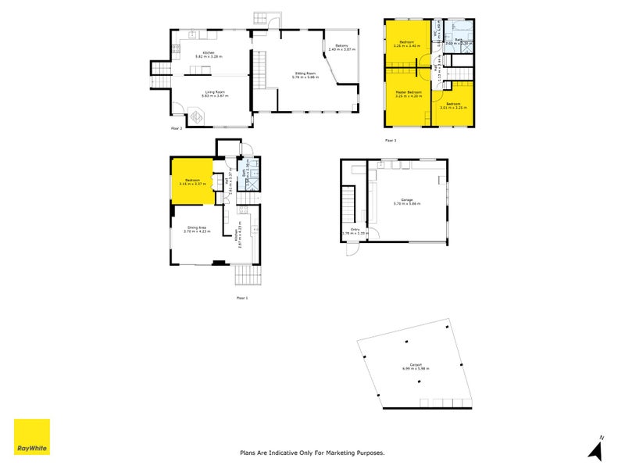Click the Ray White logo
(x=32, y=437)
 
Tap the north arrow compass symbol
(x=598, y=447)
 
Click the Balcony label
(x=341, y=47)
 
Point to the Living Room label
(x=215, y=93)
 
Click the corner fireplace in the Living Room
(x=198, y=117)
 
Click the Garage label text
(x=406, y=201)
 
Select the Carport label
(x=412, y=365)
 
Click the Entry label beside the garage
(x=355, y=231)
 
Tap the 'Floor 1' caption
(x=242, y=298)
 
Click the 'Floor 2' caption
(x=177, y=127)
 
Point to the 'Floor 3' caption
(x=391, y=140)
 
